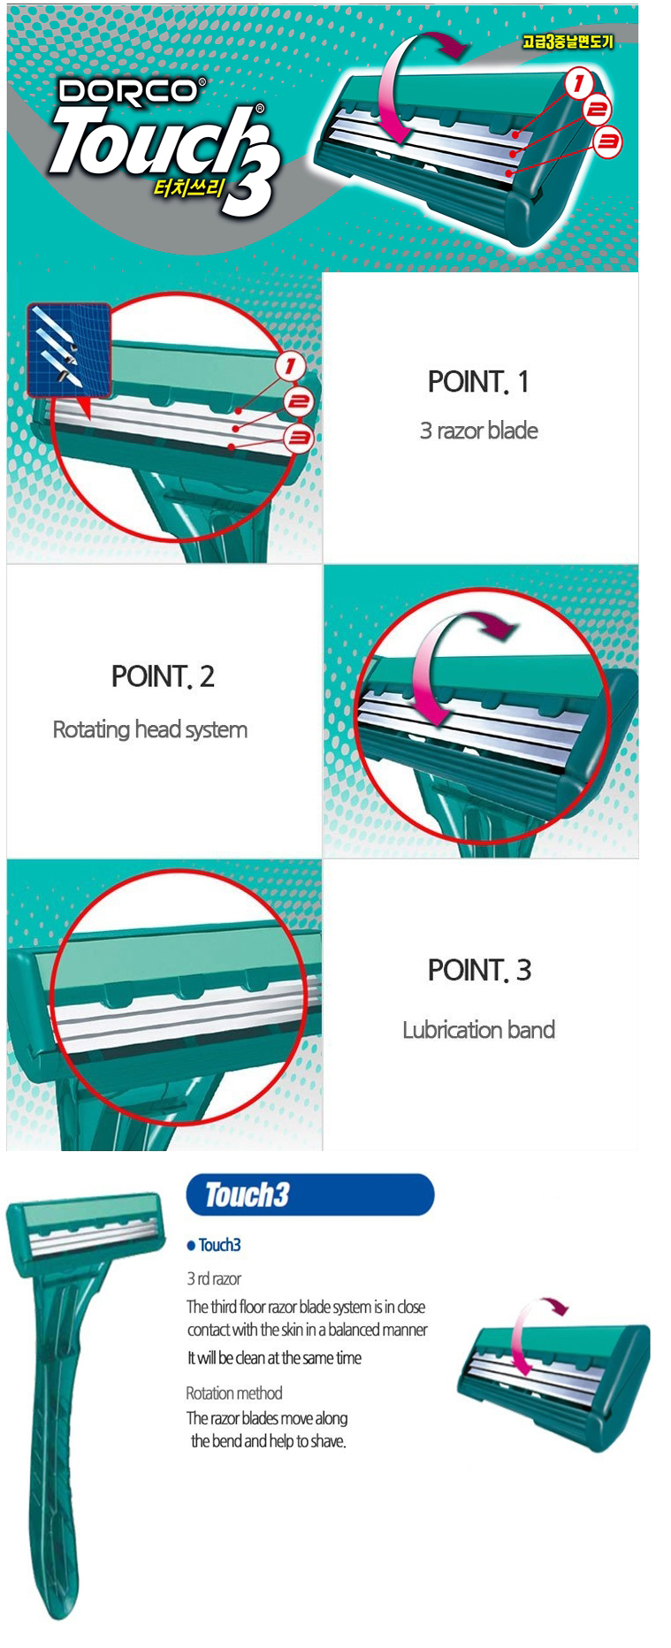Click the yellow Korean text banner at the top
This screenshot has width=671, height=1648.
point(567,42)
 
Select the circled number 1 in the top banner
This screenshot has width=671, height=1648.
point(578,84)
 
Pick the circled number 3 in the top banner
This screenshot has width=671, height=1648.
point(607,141)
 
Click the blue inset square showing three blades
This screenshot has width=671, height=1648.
point(69,350)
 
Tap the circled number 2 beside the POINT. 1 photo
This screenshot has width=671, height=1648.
point(298,402)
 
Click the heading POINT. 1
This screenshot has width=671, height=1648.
point(478,382)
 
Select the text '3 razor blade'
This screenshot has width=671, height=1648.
point(478,431)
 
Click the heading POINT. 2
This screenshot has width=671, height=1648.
point(163,676)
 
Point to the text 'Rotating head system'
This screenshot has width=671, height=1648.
point(150,729)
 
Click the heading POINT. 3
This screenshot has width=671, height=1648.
point(479,970)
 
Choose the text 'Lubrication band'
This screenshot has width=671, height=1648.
point(478,1030)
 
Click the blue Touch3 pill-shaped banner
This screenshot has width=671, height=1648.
point(309,1194)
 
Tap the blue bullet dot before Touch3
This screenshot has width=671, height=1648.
point(191,1246)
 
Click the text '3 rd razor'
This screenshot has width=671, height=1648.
point(214,1278)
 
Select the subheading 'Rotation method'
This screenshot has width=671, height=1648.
point(234,1393)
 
